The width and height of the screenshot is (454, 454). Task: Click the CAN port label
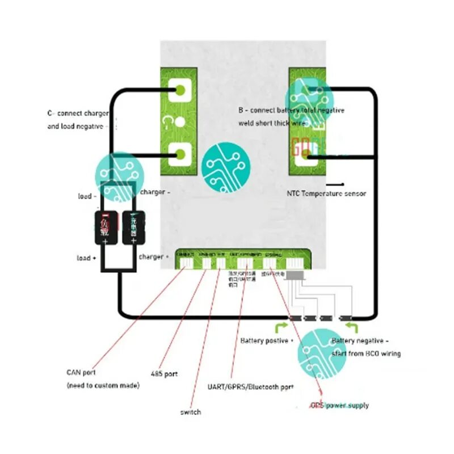(x=81, y=373)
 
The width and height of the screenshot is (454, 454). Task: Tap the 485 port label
(x=164, y=375)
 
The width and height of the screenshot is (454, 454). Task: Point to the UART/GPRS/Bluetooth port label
(x=251, y=387)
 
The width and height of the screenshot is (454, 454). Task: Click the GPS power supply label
(x=339, y=405)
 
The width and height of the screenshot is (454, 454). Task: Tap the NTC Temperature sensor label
(x=326, y=194)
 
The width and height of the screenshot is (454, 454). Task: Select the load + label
(x=86, y=258)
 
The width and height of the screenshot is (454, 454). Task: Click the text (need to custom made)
(x=103, y=386)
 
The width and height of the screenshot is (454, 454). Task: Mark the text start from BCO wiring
(x=366, y=354)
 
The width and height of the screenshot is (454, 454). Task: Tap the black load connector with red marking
(x=105, y=228)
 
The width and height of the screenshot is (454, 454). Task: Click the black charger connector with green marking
(x=133, y=228)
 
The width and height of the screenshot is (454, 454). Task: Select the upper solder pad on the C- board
(x=181, y=89)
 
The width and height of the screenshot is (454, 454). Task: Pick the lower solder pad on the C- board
(x=181, y=153)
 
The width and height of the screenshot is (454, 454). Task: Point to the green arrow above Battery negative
(x=352, y=326)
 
